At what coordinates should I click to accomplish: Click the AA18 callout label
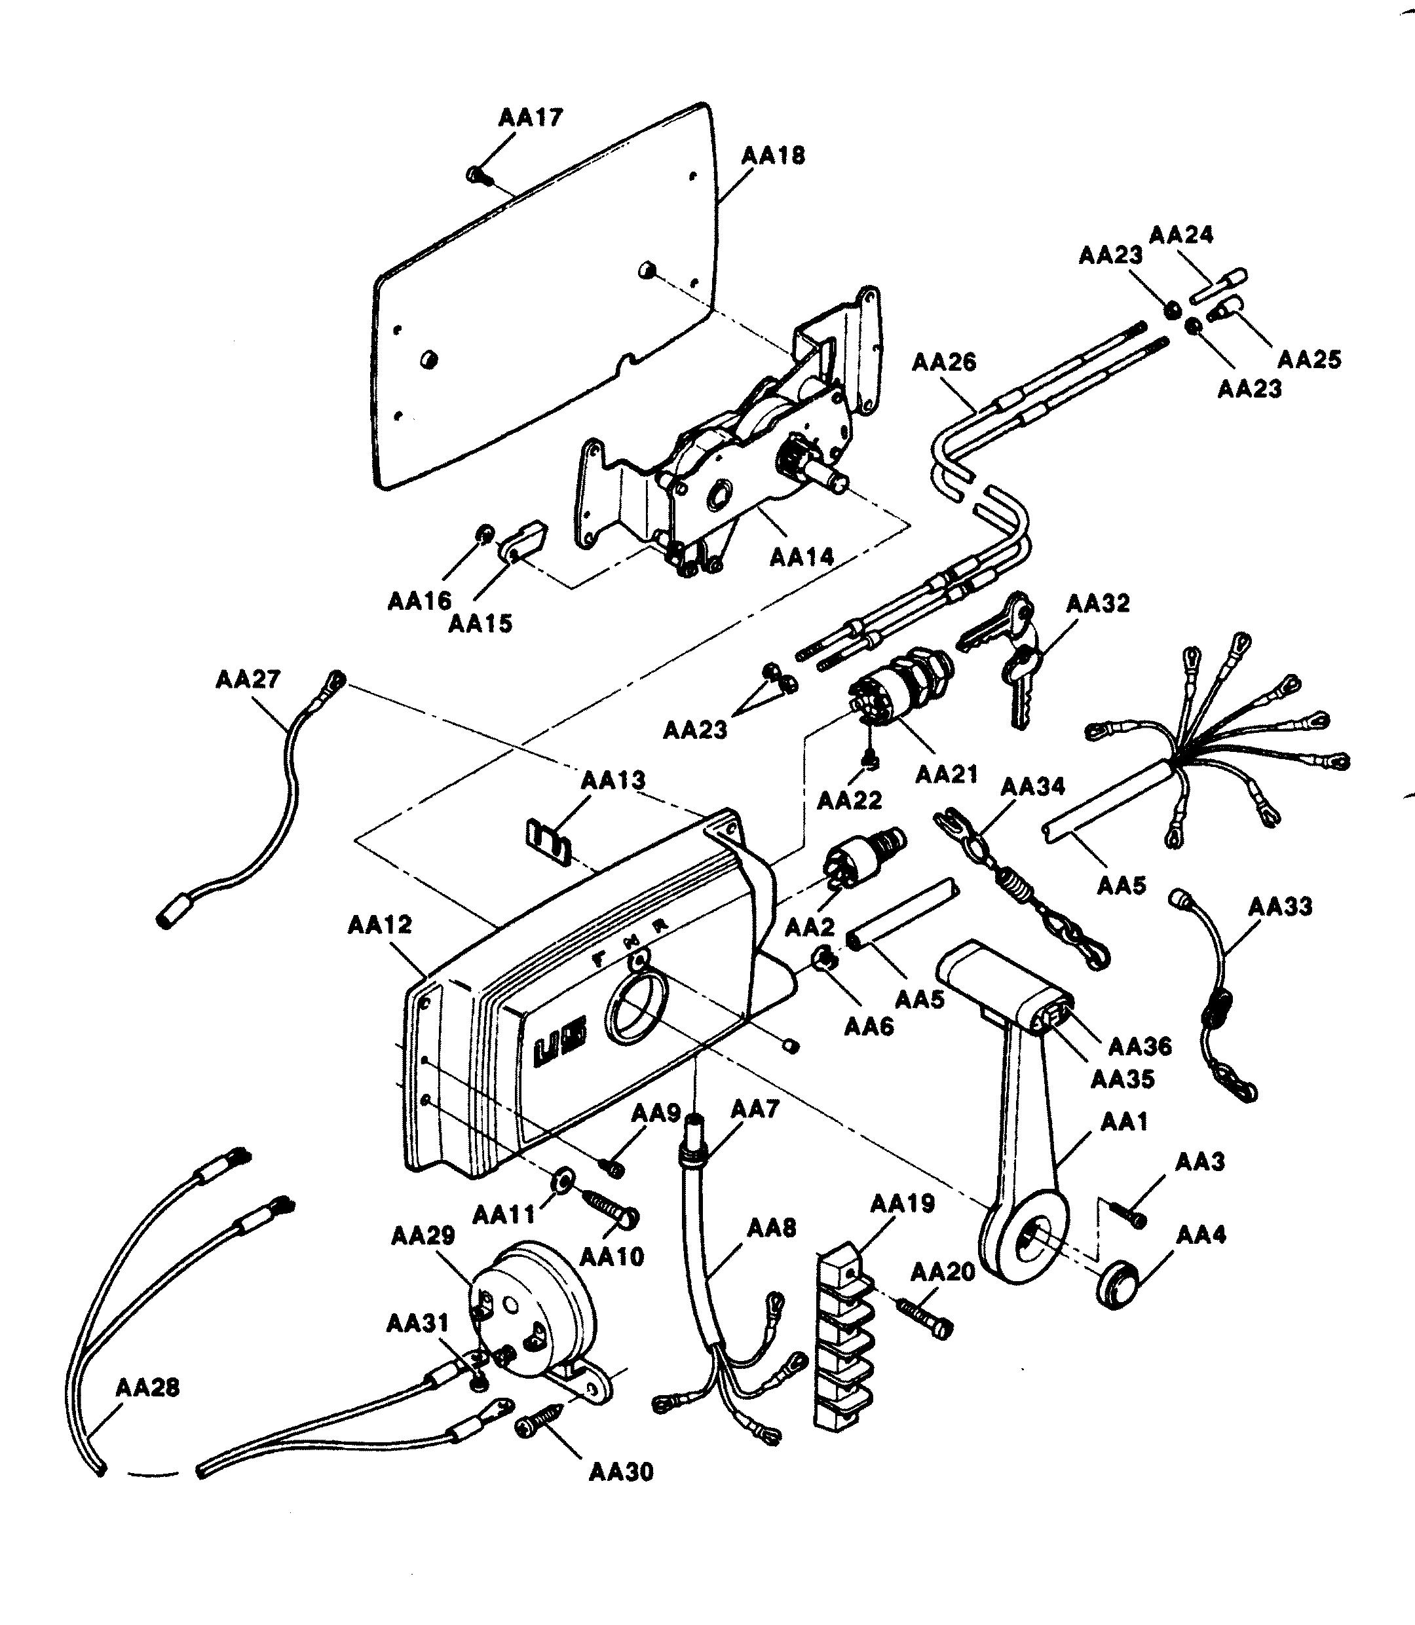pos(773,155)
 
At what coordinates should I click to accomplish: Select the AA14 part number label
pos(801,557)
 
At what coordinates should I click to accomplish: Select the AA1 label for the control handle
pos(1123,1121)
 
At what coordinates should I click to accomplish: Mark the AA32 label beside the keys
pos(1097,603)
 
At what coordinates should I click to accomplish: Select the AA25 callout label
pos(1309,360)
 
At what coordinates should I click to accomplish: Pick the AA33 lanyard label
pos(1280,906)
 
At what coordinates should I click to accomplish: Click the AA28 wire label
pos(147,1387)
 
